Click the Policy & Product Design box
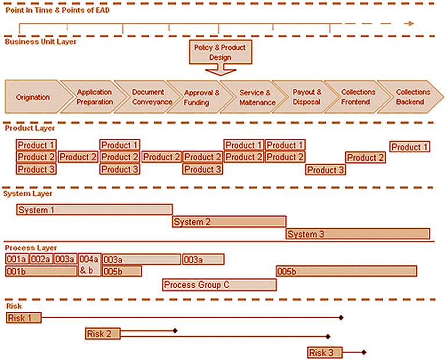point(220,52)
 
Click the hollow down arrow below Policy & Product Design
point(221,70)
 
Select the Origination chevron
point(32,97)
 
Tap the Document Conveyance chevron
point(148,97)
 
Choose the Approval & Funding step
point(201,97)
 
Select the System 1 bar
point(95,210)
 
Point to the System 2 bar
point(229,222)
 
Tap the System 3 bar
point(357,234)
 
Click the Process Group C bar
point(219,285)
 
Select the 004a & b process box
point(89,265)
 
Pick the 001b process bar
point(41,271)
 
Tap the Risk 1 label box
point(24,318)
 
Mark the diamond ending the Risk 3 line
point(364,352)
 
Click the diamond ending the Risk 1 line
point(341,318)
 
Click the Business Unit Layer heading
point(41,41)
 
